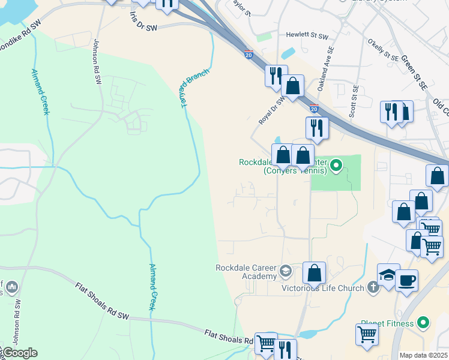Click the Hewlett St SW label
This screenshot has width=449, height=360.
click(x=307, y=36)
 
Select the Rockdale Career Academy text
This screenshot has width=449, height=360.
click(x=247, y=272)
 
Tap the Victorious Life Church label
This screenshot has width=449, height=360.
click(x=323, y=288)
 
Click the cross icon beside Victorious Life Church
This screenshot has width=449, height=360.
click(x=373, y=287)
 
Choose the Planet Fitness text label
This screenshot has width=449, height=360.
click(x=387, y=324)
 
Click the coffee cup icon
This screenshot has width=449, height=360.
click(x=406, y=280)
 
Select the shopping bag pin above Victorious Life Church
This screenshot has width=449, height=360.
click(x=314, y=273)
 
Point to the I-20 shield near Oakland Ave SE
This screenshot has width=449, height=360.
click(x=314, y=109)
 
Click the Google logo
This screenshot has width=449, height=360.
click(x=19, y=353)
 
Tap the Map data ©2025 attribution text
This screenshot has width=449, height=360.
click(x=424, y=355)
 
